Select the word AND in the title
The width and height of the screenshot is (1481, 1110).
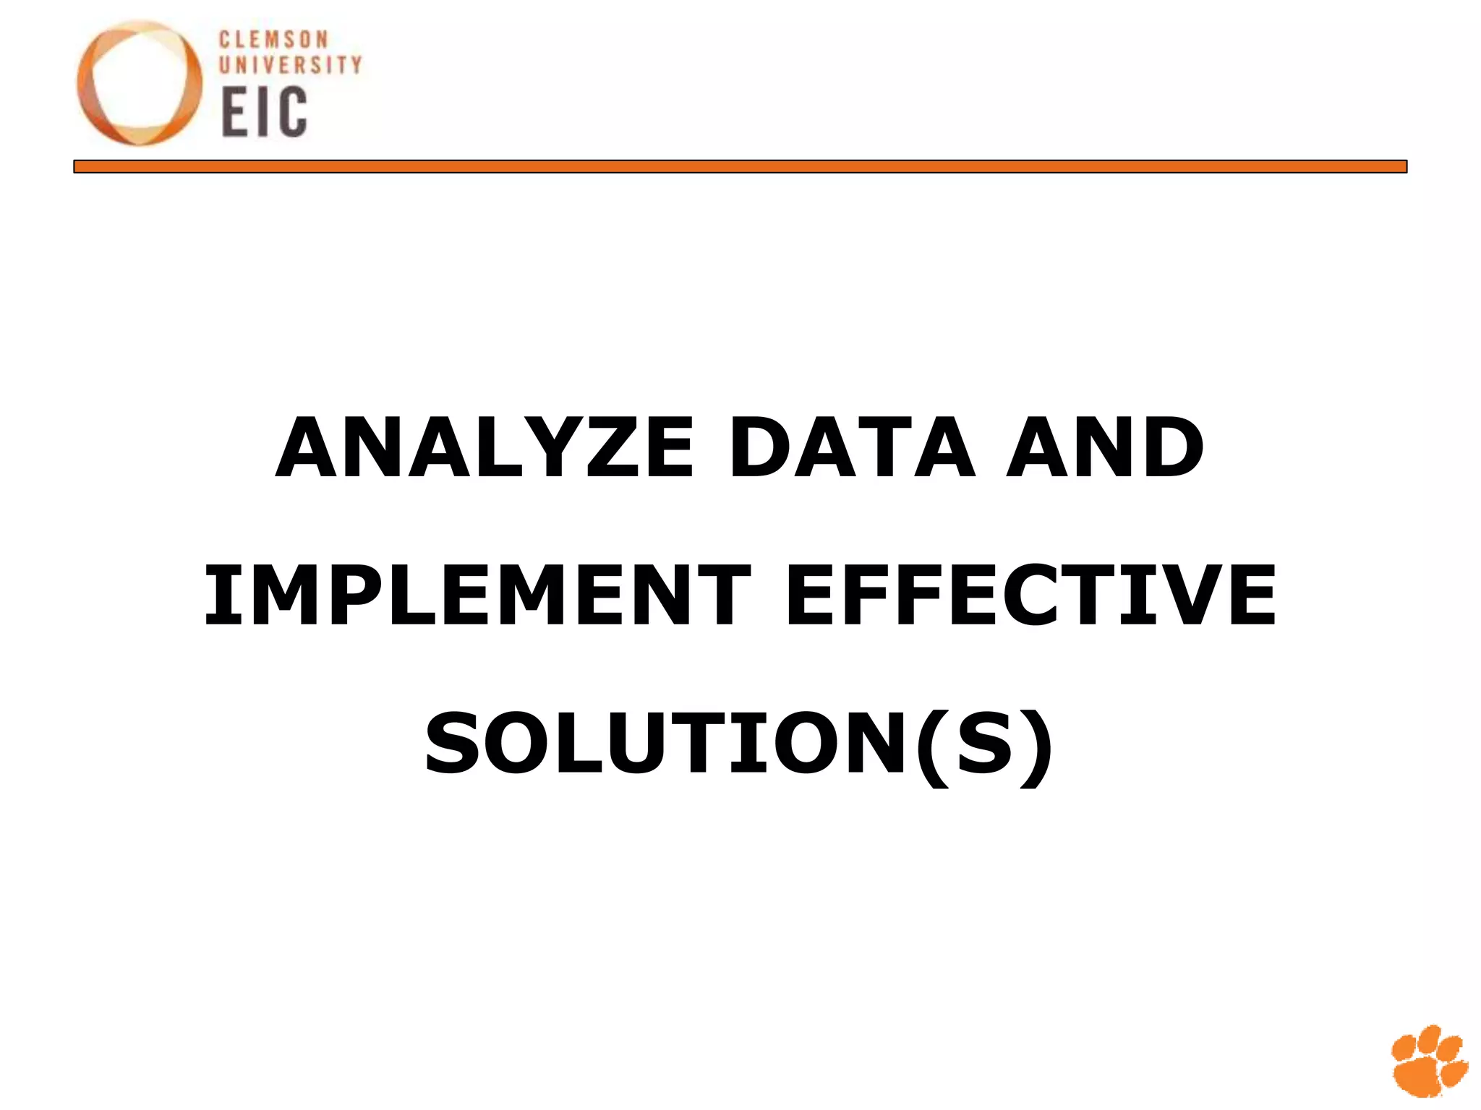pos(1105,448)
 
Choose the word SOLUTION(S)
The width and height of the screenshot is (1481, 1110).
pos(739,744)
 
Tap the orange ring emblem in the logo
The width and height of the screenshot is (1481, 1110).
pos(140,83)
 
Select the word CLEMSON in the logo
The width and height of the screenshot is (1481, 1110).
pos(273,40)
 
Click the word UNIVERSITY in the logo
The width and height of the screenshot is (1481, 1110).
pos(290,66)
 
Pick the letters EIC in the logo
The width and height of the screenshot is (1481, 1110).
pos(264,112)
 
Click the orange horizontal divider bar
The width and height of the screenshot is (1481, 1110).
pos(740,167)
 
